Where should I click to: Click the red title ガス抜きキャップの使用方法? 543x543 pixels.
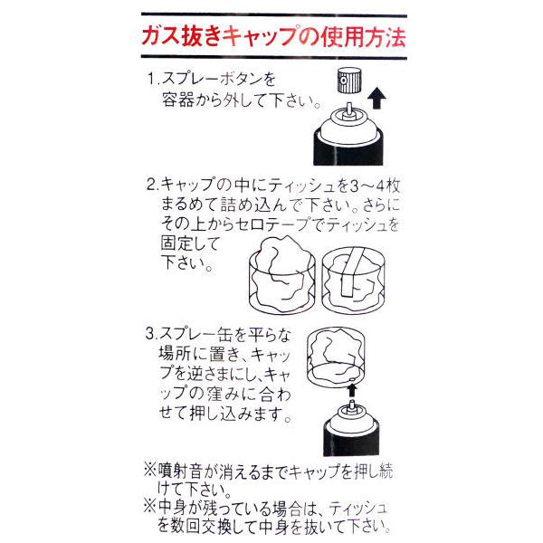pos(273,36)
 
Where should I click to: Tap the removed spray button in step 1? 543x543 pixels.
pos(348,81)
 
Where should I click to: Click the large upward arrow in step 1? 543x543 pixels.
pos(376,98)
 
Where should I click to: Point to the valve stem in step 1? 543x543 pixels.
pos(348,110)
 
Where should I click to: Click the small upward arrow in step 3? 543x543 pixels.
pos(352,390)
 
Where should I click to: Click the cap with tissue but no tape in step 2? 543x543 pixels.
pos(282,274)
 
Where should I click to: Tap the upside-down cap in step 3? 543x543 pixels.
pos(336,357)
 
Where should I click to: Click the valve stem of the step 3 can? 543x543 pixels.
pos(352,405)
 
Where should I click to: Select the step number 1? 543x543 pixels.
pos(151,78)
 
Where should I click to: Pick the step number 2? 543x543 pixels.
pos(150,185)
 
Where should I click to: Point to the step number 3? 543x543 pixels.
pos(150,334)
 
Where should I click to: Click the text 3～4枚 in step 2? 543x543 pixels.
pos(375,186)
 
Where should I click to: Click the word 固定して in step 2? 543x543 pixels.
pos(190,243)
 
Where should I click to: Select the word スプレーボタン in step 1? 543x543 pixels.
pos(211,79)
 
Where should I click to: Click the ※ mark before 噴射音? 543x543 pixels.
pos(151,471)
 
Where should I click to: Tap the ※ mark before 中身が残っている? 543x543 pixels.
pos(151,508)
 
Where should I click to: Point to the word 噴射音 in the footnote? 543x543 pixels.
pos(180,471)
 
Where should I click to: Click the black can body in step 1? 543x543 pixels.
pos(348,148)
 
